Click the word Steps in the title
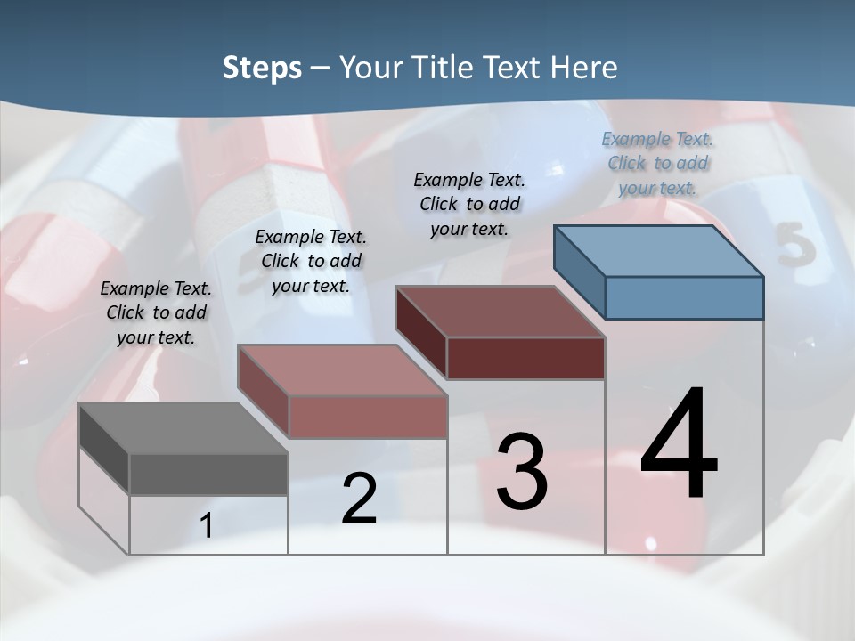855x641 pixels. [262, 68]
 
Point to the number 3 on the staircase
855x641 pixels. [521, 472]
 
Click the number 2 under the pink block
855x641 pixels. [359, 499]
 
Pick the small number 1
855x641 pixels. [207, 525]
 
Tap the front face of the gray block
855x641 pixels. [208, 474]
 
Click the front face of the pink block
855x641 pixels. [368, 417]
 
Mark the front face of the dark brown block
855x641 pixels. [525, 358]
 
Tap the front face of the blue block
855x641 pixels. [684, 297]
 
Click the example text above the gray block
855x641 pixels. [156, 312]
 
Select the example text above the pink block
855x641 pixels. [311, 261]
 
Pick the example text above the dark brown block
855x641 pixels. [469, 204]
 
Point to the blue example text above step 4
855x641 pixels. [657, 163]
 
